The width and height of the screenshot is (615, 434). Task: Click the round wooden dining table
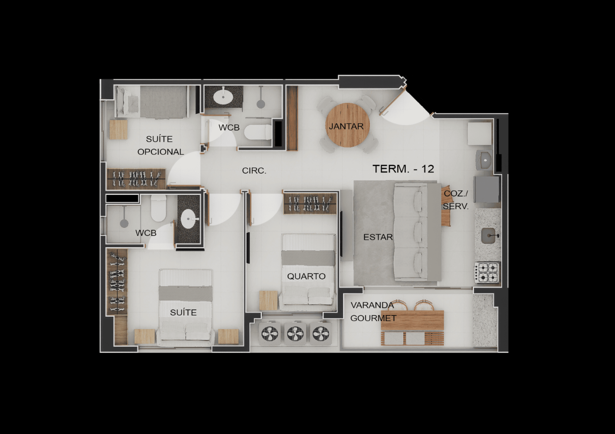pos(347,125)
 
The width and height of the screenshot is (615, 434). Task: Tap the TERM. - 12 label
pos(403,169)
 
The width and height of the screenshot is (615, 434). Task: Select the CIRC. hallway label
pos(254,171)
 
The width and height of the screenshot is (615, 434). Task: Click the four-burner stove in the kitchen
pos(487,272)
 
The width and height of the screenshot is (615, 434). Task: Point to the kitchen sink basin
pos(488,236)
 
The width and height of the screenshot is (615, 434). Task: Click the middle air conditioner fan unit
pos(295,334)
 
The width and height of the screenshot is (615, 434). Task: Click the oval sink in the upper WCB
pos(223,97)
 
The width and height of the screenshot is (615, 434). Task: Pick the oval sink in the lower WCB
pos(188,219)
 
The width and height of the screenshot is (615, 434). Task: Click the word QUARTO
pos(306,276)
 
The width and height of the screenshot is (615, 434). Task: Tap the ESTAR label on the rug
pos(378,237)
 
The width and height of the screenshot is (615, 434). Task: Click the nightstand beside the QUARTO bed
pos(268,300)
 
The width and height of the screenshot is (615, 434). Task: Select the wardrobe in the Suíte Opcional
pos(136,179)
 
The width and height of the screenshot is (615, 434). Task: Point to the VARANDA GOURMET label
pos(373,312)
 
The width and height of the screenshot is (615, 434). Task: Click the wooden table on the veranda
pos(413,320)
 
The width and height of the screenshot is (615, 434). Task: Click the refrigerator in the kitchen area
pos(487,189)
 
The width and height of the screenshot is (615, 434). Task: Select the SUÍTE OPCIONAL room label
pos(160,145)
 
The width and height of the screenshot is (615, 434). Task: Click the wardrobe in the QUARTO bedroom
pos(310,203)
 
